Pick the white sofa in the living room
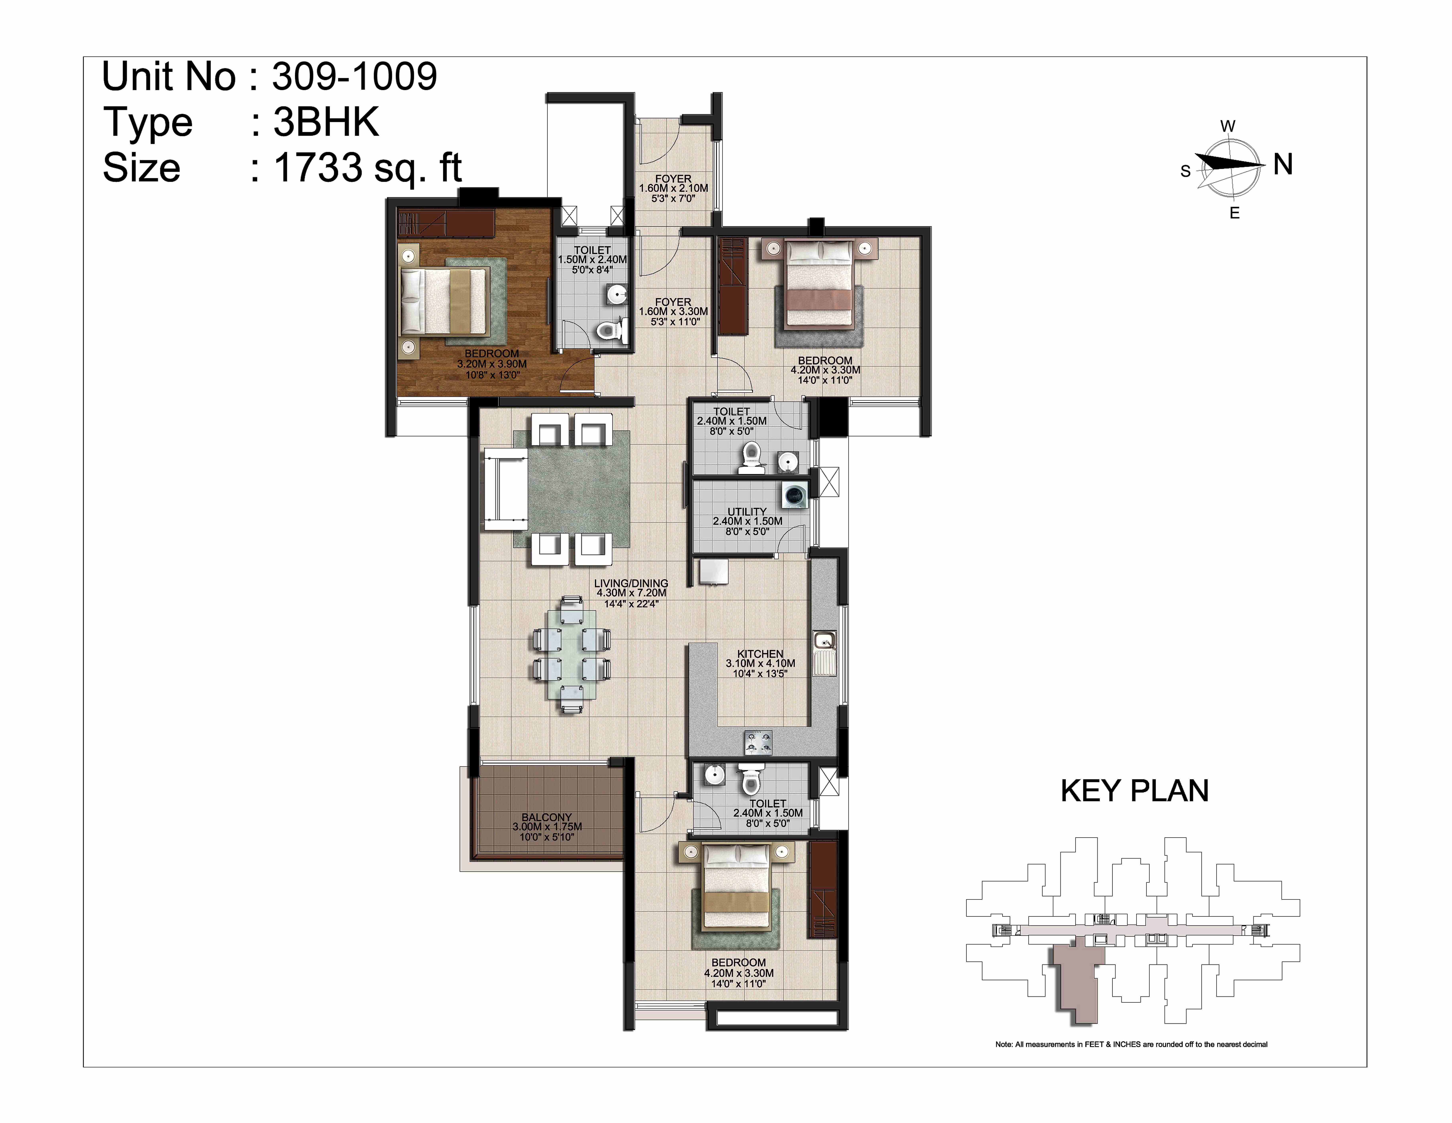(x=505, y=489)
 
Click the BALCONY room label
(x=547, y=817)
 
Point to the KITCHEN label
(x=760, y=653)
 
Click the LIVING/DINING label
(x=631, y=583)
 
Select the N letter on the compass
(x=1283, y=164)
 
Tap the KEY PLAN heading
(x=1134, y=790)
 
